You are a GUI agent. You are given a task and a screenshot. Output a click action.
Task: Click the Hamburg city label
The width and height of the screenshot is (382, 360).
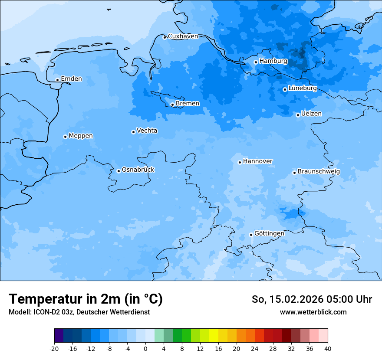pos(273,61)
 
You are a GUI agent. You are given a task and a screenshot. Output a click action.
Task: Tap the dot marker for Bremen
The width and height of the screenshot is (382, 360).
pos(172,105)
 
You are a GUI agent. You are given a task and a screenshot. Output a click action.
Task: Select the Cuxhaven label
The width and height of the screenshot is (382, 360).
pos(183,36)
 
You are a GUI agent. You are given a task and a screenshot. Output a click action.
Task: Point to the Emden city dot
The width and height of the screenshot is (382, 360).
pos(57,80)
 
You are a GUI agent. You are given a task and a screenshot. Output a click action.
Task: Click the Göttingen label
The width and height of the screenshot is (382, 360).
pos(269,233)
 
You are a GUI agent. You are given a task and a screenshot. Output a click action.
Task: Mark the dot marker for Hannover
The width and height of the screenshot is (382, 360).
pos(240,163)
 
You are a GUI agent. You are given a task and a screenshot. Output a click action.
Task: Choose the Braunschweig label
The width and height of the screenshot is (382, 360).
pos(319,171)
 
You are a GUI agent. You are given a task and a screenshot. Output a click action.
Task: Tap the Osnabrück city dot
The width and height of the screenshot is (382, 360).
pos(119,171)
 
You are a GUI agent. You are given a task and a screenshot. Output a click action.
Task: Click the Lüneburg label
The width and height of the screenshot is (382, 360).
pos(302,88)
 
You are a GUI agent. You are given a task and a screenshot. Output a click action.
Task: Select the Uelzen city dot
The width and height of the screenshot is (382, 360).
pos(298,115)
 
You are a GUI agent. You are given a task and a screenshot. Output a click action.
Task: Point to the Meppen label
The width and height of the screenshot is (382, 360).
pos(81,136)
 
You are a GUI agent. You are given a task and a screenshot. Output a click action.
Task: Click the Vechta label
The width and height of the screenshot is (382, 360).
pos(147,131)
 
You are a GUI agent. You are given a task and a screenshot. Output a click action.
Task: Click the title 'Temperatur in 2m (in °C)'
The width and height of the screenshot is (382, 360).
pos(86,299)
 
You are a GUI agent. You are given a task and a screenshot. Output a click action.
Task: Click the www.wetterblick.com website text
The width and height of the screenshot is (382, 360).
pos(313,312)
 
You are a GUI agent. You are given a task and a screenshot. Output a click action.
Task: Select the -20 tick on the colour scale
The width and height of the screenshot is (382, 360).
pos(54,349)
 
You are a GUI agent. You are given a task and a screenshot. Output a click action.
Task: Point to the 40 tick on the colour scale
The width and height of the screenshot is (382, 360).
pos(328,349)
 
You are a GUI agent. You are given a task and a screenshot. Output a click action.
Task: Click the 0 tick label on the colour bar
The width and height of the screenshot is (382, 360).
pos(145,349)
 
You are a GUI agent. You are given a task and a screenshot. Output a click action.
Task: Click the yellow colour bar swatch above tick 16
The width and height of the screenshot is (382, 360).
pos(214,336)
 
